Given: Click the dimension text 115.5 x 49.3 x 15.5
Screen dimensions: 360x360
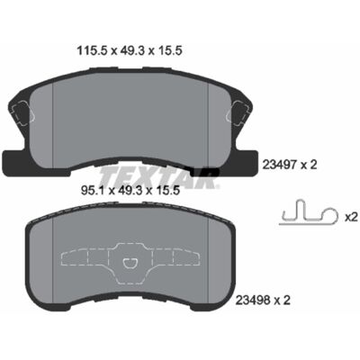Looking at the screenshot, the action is pyautogui.click(x=130, y=51).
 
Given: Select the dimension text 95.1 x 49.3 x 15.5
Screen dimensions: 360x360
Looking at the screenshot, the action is pyautogui.click(x=130, y=191).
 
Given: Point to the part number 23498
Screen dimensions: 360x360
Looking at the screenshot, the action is pyautogui.click(x=254, y=301).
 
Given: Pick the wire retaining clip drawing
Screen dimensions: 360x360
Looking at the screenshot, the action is pyautogui.click(x=308, y=212).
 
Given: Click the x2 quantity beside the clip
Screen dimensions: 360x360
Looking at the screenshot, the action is pyautogui.click(x=351, y=217).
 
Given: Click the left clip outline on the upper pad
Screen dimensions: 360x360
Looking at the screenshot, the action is pyautogui.click(x=22, y=112).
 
